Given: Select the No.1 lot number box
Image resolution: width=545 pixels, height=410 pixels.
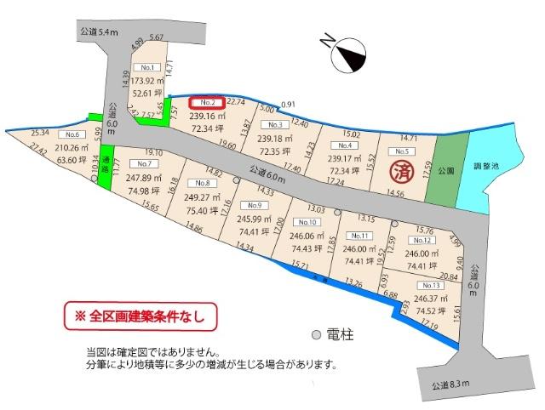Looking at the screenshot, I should (148, 66).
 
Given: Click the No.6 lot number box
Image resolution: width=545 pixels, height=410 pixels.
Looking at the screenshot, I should (71, 135).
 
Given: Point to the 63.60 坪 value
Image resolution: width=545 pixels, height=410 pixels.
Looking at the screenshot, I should (70, 159).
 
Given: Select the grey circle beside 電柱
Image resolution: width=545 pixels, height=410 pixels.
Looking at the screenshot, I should (316, 334).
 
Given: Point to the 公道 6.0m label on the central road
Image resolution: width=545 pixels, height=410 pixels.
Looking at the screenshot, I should (269, 174).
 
